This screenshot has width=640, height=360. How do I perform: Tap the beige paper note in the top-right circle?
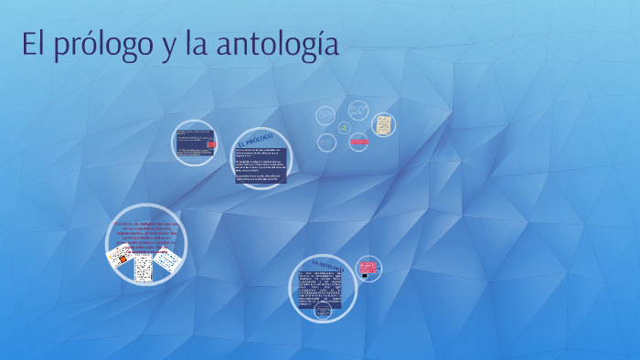point(384,124)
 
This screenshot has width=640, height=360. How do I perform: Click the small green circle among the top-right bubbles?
point(344,128)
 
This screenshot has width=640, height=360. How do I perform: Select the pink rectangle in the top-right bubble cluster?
point(358,142)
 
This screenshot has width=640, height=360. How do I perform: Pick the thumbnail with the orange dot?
point(118,258)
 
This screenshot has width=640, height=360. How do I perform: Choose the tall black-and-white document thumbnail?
point(143,267)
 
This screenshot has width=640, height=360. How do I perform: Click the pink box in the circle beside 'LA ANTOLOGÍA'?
point(368,266)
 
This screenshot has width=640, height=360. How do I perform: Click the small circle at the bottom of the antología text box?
point(323,311)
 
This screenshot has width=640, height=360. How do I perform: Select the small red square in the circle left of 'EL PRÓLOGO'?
point(211,144)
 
